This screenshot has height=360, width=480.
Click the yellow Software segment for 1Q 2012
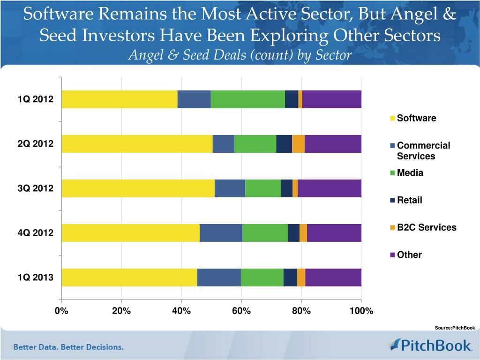[119, 99]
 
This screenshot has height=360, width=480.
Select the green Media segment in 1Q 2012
[247, 99]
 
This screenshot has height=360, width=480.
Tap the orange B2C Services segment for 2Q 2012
[298, 144]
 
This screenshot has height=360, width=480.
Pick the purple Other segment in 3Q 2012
[330, 188]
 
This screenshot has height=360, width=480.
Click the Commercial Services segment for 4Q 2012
[221, 233]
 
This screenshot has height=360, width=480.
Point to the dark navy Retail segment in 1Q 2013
[290, 277]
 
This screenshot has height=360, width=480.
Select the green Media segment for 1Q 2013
[262, 277]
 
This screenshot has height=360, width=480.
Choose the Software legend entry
[416, 118]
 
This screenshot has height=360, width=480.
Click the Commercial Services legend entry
[423, 150]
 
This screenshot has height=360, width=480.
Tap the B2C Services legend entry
[426, 227]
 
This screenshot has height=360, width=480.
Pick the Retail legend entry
[409, 200]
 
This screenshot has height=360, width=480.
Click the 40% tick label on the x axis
[181, 311]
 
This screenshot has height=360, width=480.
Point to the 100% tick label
[361, 311]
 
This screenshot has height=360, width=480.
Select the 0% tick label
[61, 311]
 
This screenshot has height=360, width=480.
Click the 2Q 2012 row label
[36, 144]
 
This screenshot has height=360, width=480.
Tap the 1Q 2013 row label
[36, 277]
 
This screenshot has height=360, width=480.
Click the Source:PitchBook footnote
[455, 328]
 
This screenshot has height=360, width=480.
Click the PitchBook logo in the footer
[430, 346]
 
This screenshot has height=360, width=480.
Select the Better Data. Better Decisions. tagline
[68, 347]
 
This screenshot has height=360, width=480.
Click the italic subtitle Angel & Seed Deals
[240, 55]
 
